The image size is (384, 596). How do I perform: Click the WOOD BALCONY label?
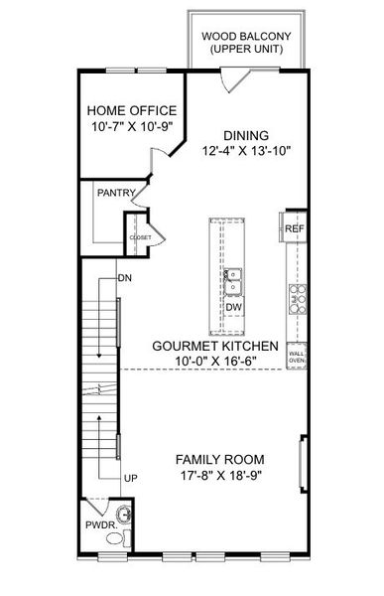click(246, 37)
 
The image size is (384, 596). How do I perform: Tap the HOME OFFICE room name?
click(132, 110)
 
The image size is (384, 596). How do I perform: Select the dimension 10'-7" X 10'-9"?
click(132, 126)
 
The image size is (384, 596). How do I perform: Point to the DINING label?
click(246, 135)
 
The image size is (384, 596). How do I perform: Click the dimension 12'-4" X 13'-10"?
click(246, 151)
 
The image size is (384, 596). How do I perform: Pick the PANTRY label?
click(116, 193)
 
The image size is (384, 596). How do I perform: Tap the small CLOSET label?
click(141, 237)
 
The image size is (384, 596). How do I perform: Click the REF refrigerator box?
click(294, 228)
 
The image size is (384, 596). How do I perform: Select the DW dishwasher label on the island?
click(233, 307)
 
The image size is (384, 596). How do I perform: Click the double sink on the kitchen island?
click(233, 282)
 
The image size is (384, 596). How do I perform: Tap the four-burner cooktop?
click(298, 299)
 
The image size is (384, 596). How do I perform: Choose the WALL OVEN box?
click(297, 356)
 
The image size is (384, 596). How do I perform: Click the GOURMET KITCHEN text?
click(215, 346)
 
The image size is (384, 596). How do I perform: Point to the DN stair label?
click(125, 278)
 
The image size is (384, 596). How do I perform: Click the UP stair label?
click(131, 478)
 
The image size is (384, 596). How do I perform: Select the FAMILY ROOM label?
click(220, 459)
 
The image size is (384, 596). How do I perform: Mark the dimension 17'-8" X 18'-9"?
click(220, 475)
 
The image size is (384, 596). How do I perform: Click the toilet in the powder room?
click(118, 537)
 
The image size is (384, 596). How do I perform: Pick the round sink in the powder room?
click(124, 515)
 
